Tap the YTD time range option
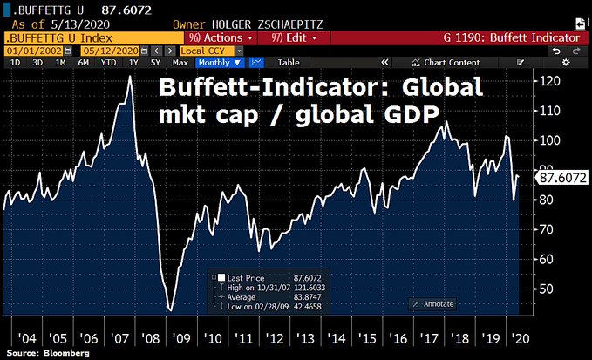[107, 63]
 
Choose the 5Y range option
[154, 63]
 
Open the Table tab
[288, 63]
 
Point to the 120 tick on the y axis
[548, 82]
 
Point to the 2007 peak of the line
[130, 77]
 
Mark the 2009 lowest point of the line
[170, 310]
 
